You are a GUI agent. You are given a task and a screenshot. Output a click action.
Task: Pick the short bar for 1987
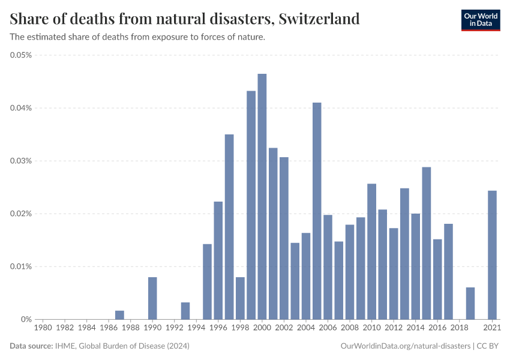[119, 315]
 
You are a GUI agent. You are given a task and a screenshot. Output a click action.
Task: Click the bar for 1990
[152, 298]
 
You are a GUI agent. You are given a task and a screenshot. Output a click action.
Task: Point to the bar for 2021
[493, 255]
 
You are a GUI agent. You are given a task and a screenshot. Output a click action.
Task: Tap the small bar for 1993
[185, 311]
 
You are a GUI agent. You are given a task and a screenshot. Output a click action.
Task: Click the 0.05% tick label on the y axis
[21, 55]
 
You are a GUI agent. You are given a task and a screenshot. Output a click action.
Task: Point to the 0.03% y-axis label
[21, 161]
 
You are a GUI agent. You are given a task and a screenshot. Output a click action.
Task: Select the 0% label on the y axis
[26, 319]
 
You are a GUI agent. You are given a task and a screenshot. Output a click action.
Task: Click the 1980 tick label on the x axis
[43, 328]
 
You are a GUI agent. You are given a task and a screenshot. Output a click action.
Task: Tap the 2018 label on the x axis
[460, 328]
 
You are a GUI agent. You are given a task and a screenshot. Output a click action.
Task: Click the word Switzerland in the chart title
[319, 19]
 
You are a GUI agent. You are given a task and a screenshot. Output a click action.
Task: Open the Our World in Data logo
[480, 19]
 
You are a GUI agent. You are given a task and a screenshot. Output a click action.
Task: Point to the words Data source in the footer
[31, 346]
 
